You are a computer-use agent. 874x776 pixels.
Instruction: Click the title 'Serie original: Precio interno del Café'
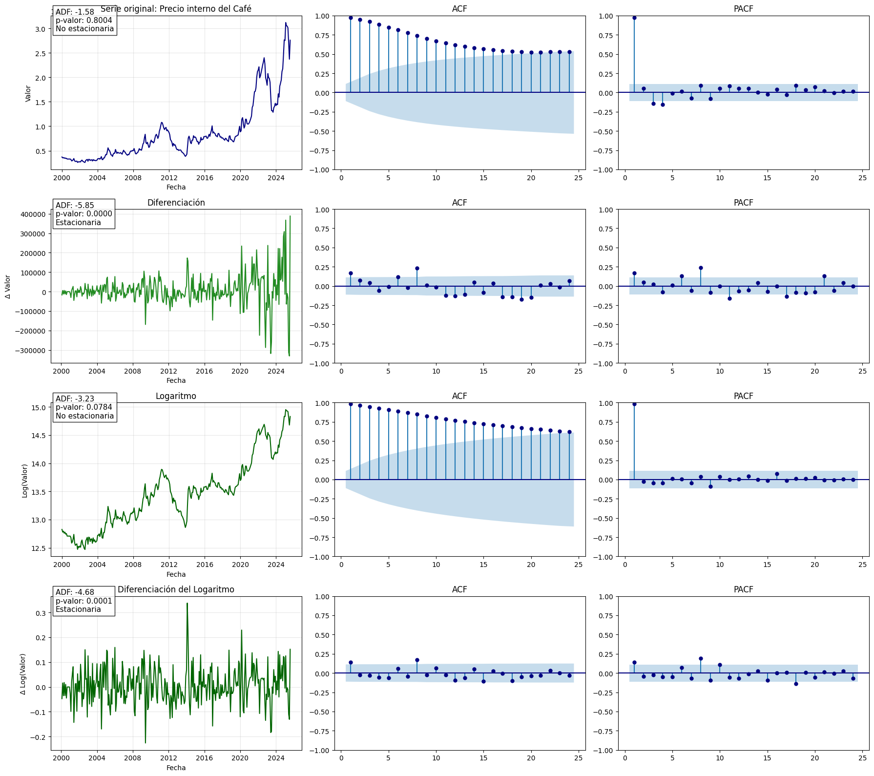[x=176, y=9]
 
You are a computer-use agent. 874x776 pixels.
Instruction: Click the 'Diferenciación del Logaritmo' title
[x=176, y=589]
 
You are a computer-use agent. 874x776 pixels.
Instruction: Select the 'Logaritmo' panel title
[x=176, y=396]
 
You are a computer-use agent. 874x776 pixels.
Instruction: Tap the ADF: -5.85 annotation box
[x=83, y=214]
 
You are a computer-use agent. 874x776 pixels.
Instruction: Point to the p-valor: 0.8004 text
[x=83, y=21]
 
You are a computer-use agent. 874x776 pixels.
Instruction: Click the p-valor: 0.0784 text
[x=83, y=407]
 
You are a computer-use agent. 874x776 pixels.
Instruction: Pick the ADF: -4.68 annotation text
[x=75, y=592]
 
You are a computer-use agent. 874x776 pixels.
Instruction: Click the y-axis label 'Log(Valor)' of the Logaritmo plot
[x=24, y=481]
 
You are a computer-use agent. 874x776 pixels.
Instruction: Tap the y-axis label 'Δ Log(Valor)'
[x=22, y=674]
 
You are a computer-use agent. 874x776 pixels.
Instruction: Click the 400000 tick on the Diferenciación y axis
[x=31, y=214]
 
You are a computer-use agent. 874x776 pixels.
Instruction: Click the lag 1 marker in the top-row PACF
[x=634, y=18]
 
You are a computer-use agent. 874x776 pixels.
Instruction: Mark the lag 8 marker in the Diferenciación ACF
[x=417, y=268]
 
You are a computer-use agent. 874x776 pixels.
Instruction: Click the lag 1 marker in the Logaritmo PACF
[x=634, y=404]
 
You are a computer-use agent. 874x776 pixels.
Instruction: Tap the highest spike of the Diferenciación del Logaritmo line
[x=187, y=604]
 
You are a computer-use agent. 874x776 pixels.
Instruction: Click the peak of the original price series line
[x=286, y=23]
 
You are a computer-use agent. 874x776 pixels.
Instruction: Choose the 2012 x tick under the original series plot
[x=169, y=178]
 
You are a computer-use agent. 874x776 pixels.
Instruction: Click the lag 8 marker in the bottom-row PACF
[x=701, y=658]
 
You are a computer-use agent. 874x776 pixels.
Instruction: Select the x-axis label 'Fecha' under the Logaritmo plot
[x=176, y=574]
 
